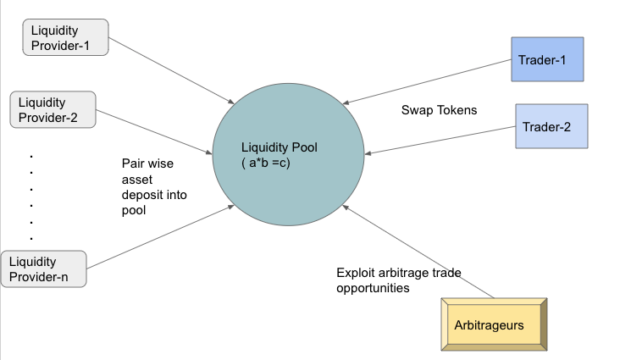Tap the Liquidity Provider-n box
point(44,268)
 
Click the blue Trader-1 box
point(547,59)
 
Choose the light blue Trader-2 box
point(551,127)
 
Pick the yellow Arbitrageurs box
point(495,324)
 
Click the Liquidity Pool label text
point(279,147)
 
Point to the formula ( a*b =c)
point(266,163)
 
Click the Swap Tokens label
point(439,110)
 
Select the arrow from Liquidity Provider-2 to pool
point(154,132)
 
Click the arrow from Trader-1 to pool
point(436,79)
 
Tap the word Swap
point(417,110)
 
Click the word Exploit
point(357,273)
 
